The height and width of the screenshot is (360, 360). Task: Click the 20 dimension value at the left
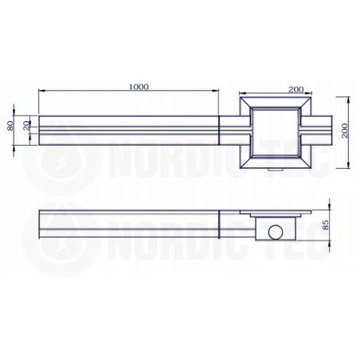pyautogui.click(x=27, y=126)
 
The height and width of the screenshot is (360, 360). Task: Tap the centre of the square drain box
pyautogui.click(x=276, y=133)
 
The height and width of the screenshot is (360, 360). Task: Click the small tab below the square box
pyautogui.click(x=276, y=170)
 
